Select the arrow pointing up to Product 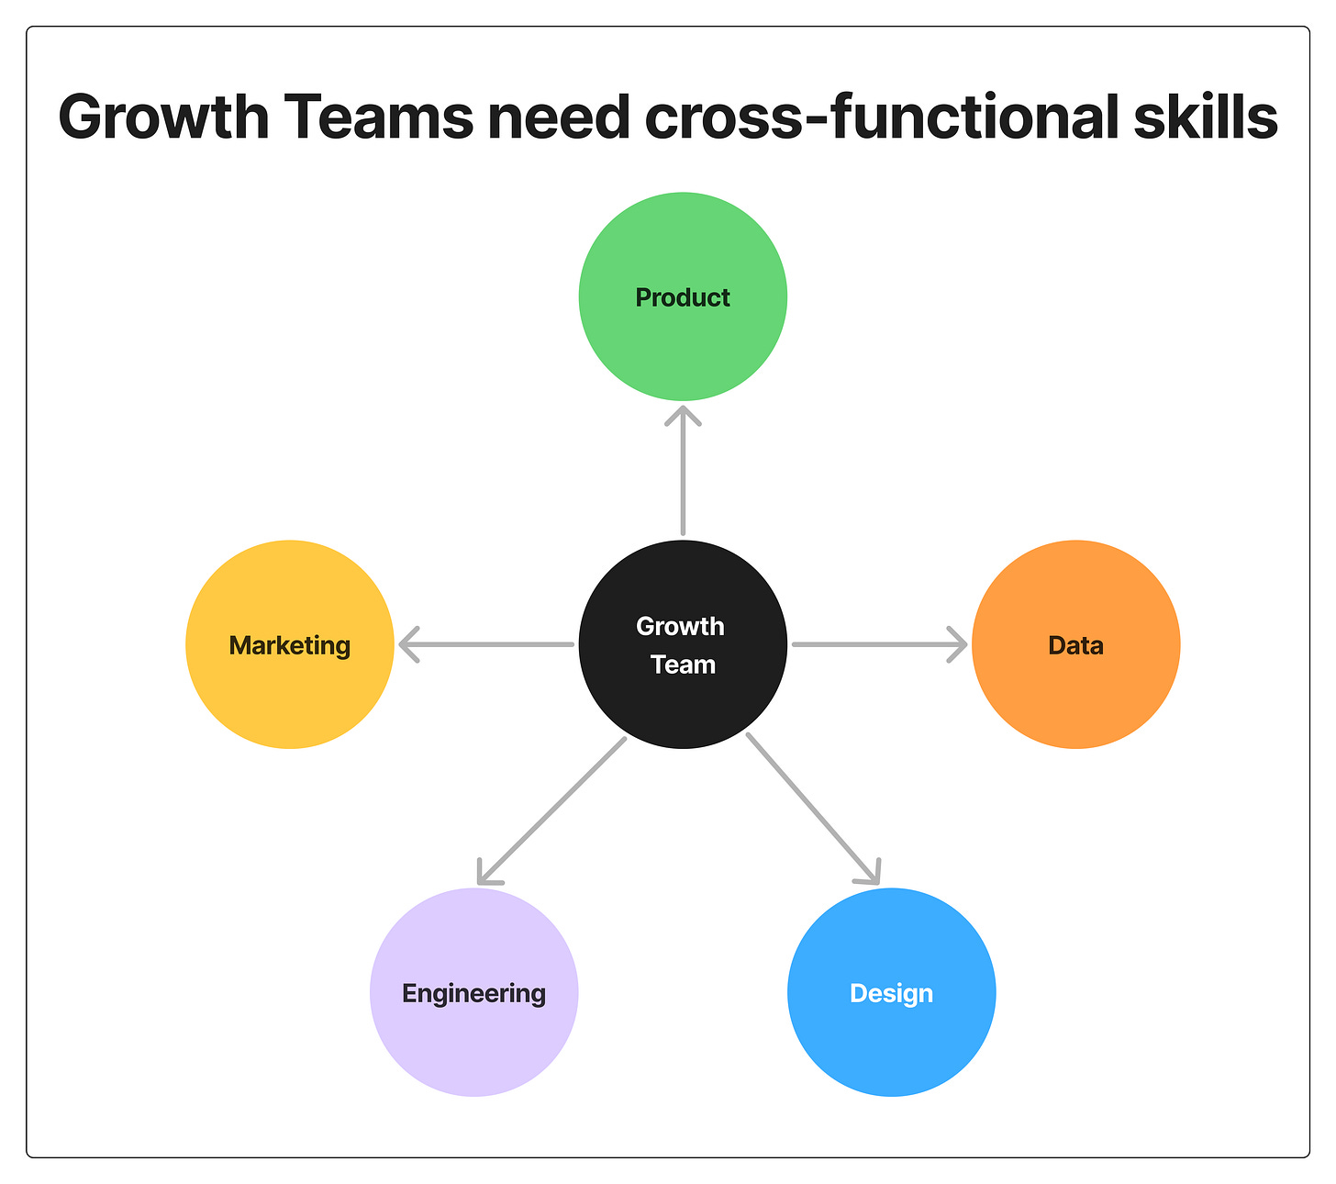683,477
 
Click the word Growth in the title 163,117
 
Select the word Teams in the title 379,117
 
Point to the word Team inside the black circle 683,665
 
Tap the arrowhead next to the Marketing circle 408,644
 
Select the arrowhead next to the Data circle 958,644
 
